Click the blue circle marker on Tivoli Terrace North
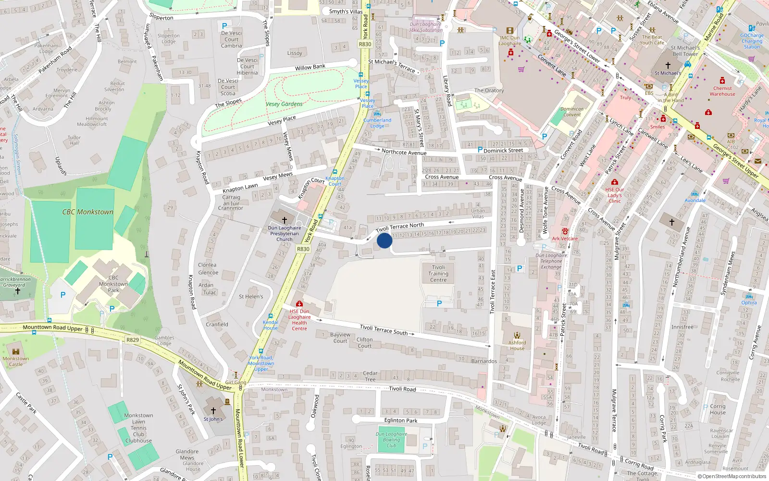[384, 240]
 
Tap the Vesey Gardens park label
[284, 104]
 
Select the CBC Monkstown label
[87, 212]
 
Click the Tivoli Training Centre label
[438, 274]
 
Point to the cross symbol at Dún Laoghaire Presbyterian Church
[285, 220]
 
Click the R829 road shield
[133, 340]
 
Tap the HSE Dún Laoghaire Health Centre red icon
[299, 304]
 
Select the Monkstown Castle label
[16, 361]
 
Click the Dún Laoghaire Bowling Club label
[391, 440]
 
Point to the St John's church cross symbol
[213, 411]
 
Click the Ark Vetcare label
[565, 239]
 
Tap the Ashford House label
[517, 345]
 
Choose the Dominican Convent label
[571, 112]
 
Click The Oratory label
[489, 90]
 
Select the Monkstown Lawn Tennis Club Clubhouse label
[138, 428]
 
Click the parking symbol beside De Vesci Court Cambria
[224, 26]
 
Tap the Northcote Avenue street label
[404, 152]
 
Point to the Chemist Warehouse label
[722, 91]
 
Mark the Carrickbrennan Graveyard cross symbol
[18, 291]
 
